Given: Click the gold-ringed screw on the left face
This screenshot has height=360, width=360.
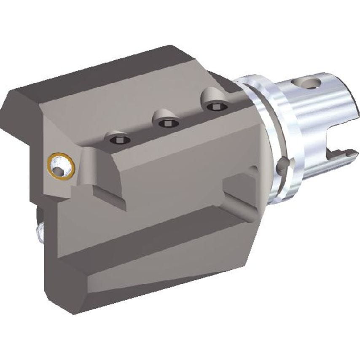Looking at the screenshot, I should (61, 165).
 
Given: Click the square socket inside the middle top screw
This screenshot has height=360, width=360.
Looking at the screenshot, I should (168, 123).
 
